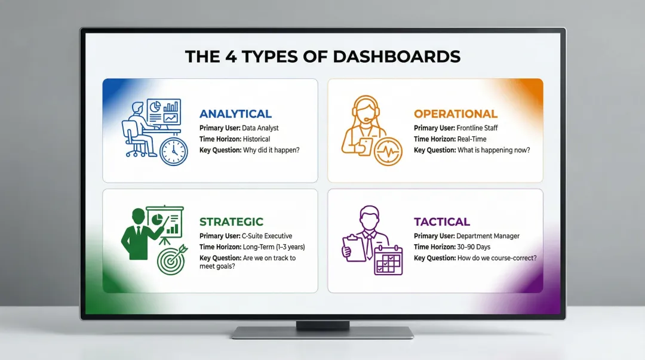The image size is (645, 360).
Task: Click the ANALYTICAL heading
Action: (235, 114)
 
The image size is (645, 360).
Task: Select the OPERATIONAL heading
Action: (455, 114)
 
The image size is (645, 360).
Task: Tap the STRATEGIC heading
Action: (231, 222)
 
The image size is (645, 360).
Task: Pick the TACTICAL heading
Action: (442, 222)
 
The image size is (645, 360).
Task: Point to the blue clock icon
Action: (174, 151)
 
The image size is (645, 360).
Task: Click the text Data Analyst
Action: (260, 128)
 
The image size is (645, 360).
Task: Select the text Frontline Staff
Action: (477, 128)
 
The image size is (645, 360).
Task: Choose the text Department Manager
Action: (487, 236)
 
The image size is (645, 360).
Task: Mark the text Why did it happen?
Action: (271, 150)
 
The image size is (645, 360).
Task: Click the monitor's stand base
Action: (322, 333)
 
